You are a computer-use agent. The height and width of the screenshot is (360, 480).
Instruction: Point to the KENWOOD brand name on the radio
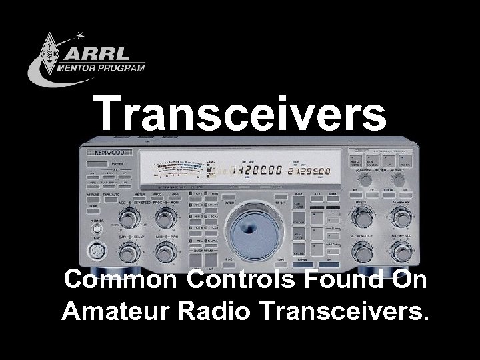click(101, 152)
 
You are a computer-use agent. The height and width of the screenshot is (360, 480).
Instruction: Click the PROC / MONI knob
click(164, 218)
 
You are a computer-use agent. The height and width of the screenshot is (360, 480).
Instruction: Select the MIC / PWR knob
click(164, 252)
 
